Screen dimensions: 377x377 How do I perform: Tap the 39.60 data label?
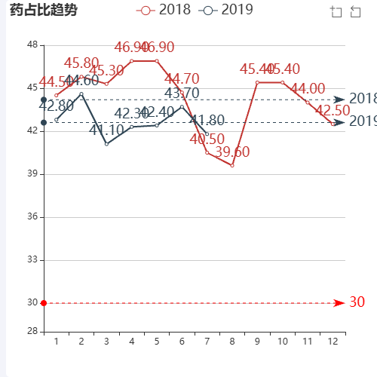232,152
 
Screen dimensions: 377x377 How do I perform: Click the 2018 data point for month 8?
232,165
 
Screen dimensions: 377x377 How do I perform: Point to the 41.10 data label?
106,130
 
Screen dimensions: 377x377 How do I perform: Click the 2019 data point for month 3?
106,143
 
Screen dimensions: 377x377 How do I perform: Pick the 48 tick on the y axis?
32,45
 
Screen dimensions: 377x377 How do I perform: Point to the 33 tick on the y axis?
32,260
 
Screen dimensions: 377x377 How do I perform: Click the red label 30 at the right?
357,302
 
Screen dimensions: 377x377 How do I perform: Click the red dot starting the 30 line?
44,303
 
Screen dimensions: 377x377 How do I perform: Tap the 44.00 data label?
308,89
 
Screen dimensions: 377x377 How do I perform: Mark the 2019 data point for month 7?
207,133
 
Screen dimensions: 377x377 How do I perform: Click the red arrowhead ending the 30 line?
339,303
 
